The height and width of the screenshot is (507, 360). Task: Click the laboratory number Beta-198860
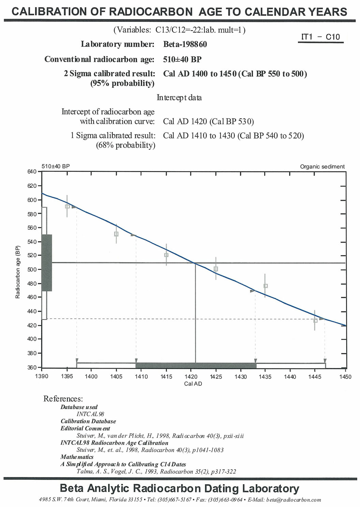coord(185,44)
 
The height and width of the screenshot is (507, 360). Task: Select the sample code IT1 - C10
coord(320,37)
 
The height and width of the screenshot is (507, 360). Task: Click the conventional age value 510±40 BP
coord(182,59)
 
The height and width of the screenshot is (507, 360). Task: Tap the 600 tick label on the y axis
coord(32,200)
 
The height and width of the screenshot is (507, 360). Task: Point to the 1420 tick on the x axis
coord(191,377)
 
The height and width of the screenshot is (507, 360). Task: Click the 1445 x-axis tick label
coord(315,377)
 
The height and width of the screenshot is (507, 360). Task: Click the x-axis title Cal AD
coord(193,384)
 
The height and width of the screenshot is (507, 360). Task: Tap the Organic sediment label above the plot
coord(322,167)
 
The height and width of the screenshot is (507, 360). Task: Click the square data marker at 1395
coord(67,206)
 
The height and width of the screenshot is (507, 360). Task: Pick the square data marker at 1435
coord(266,286)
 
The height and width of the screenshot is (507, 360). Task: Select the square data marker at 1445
coord(315,321)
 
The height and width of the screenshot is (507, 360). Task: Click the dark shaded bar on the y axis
coord(47,263)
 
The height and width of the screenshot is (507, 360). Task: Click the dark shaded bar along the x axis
coord(196,366)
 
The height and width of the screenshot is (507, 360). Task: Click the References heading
coord(63,399)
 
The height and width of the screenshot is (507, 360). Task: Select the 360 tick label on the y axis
coord(32,367)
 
